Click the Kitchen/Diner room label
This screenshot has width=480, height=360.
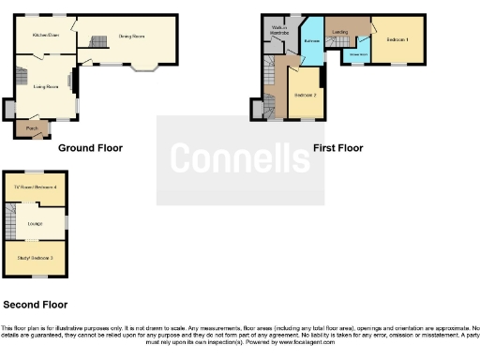[x=45, y=35]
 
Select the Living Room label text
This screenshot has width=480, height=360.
[x=46, y=87]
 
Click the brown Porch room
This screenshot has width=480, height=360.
[x=32, y=128]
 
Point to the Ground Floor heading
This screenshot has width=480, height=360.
[x=90, y=148]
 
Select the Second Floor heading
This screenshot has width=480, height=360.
[x=35, y=305]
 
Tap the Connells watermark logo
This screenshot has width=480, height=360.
[x=240, y=159]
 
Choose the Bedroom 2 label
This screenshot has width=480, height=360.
[x=306, y=96]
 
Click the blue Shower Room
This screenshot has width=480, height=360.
[x=358, y=53]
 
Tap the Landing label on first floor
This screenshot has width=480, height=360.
[x=339, y=33]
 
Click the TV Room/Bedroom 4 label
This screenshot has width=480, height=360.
[x=36, y=187]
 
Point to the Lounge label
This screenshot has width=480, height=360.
[x=36, y=222]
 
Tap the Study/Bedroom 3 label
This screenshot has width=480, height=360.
[x=36, y=257]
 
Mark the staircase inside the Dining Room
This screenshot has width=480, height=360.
[x=98, y=41]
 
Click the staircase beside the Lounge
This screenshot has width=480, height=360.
[x=11, y=223]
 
